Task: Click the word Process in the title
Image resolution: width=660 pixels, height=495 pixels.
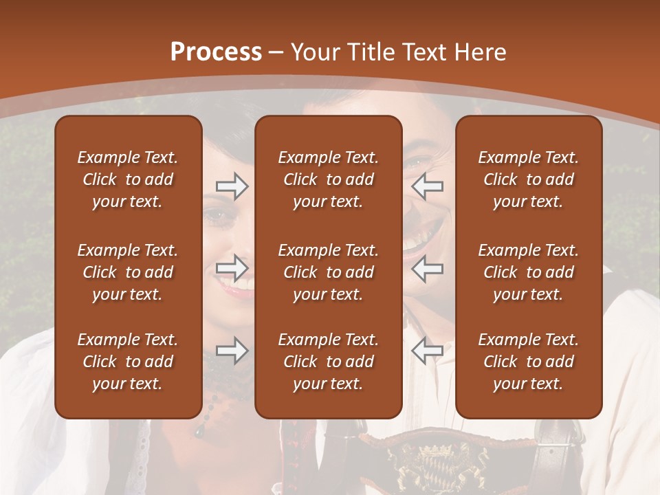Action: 216,52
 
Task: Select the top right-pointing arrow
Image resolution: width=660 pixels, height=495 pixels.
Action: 232,186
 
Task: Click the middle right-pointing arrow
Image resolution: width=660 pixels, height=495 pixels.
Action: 232,268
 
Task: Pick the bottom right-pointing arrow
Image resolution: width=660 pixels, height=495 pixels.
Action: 232,351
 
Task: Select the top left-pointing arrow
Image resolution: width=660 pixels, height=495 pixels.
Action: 427,186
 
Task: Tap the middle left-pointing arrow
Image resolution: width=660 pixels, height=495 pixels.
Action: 427,268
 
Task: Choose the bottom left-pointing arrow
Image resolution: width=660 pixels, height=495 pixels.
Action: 427,351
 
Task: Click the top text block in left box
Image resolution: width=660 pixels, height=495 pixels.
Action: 128,179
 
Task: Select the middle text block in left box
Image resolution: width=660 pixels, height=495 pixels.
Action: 128,272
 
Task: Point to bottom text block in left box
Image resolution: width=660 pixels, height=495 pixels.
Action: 128,362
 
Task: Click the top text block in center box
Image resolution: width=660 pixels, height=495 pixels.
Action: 328,179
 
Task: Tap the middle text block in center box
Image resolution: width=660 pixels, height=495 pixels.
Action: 328,272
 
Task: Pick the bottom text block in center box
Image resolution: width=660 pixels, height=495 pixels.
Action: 328,362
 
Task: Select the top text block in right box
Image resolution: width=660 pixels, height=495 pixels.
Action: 528,179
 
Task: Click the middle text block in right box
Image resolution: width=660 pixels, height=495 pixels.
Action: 528,272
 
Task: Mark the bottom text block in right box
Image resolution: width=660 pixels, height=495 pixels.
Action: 528,362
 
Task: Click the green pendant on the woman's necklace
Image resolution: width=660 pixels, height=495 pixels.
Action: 199,431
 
